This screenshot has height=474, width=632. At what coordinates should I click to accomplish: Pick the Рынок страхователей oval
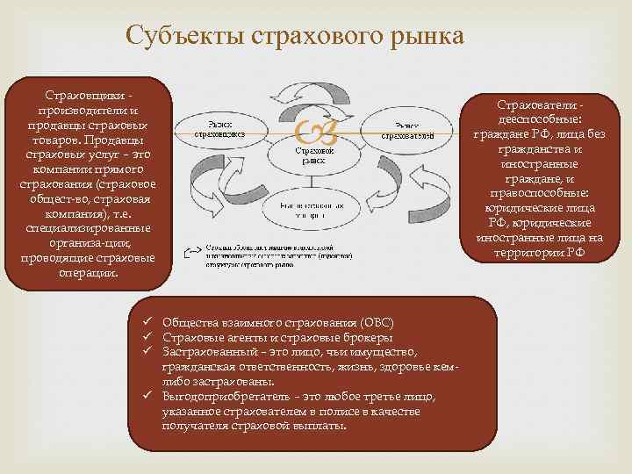coord(413,132)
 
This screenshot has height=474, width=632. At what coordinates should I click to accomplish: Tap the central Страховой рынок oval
coord(313,154)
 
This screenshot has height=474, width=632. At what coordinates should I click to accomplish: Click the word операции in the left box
coord(87,272)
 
